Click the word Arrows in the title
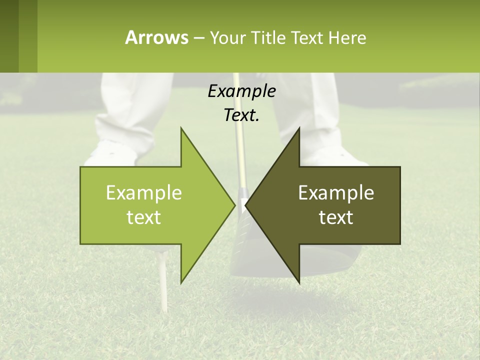click(x=156, y=37)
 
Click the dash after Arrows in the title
click(x=198, y=38)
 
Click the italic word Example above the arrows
click(x=241, y=91)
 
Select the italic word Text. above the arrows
click(x=241, y=115)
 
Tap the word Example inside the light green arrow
click(x=144, y=193)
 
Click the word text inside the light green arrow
click(x=144, y=217)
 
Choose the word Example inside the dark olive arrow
click(x=336, y=193)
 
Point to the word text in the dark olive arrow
click(x=336, y=217)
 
